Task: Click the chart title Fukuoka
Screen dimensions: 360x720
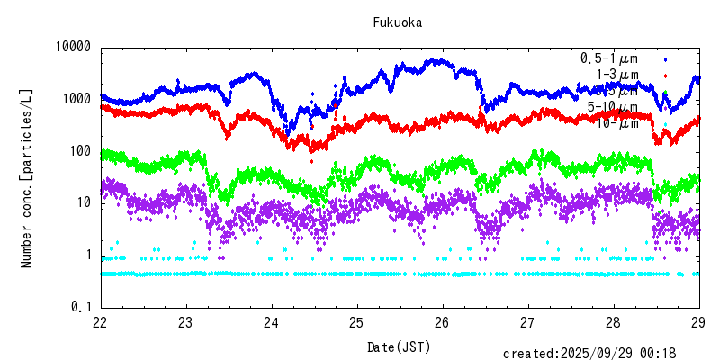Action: tap(398, 22)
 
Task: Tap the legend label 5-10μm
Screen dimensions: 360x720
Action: tap(613, 107)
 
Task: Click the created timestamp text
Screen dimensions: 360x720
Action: tap(601, 354)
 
